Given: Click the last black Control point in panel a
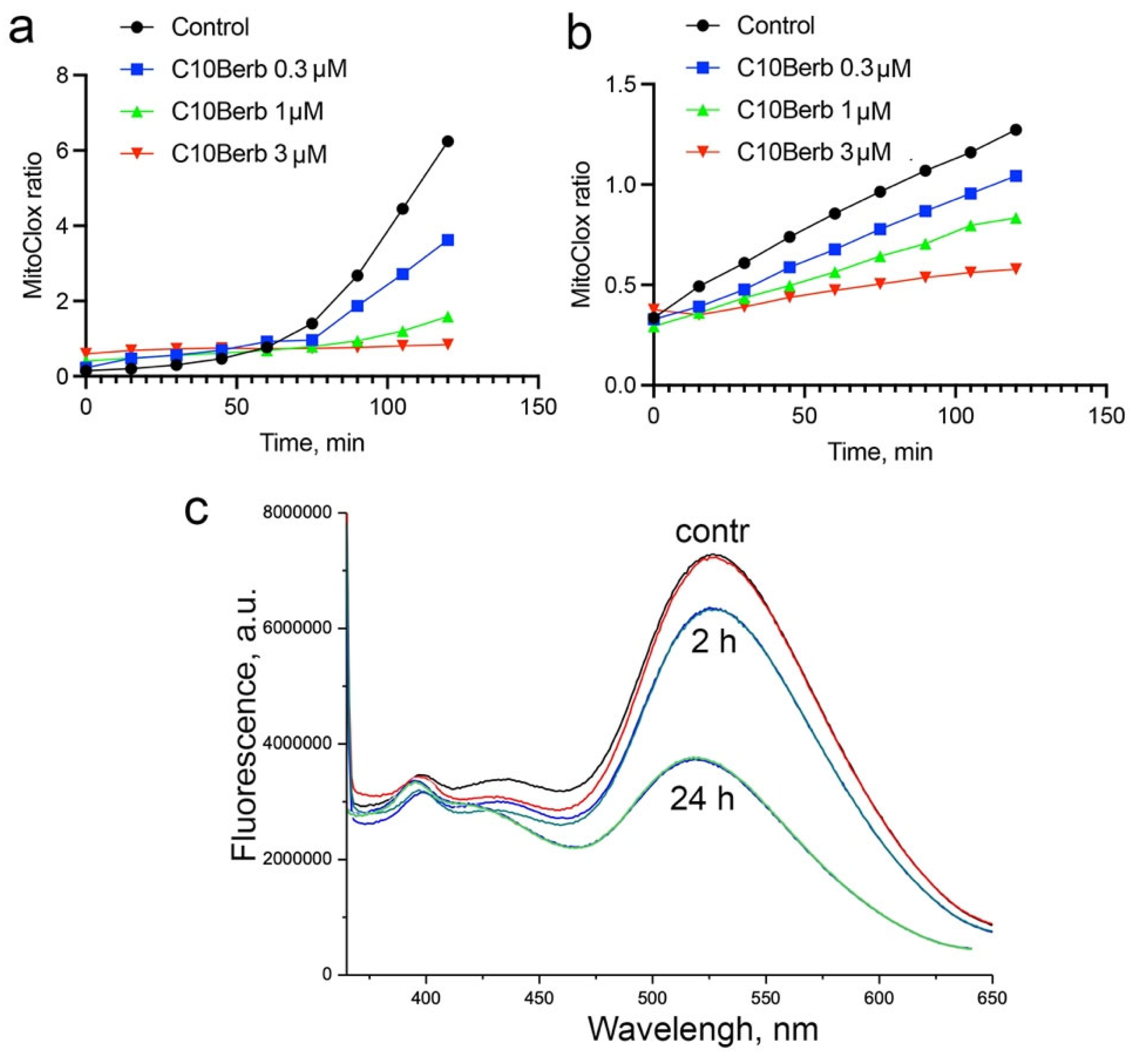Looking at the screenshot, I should click(448, 141).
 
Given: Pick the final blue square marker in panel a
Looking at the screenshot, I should click(448, 240).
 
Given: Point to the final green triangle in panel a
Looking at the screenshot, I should click(448, 317).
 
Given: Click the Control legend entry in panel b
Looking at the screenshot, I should click(775, 25).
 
